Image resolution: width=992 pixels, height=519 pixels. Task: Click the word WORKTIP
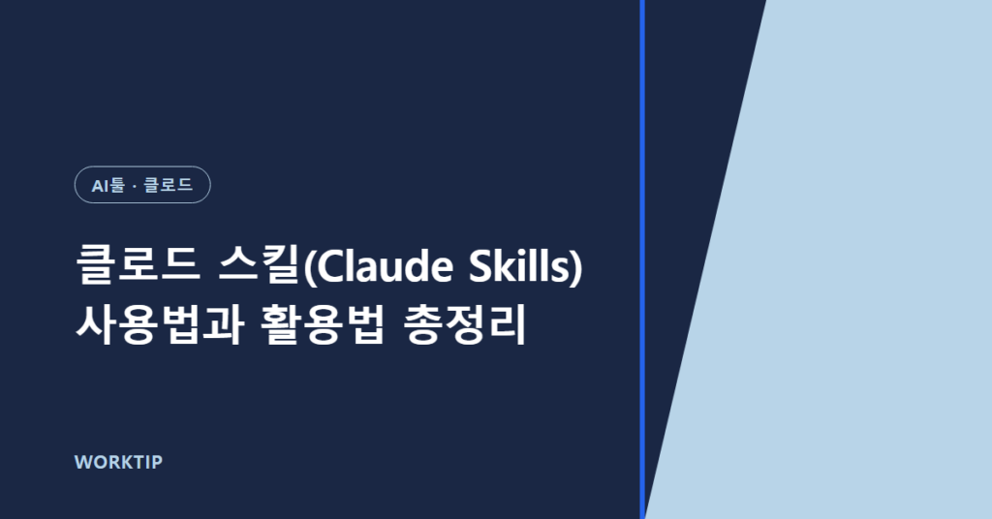point(118,462)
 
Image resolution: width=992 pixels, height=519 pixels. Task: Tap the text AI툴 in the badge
point(108,185)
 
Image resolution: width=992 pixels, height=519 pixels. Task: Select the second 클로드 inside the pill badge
point(169,185)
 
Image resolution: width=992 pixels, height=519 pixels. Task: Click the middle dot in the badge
point(135,186)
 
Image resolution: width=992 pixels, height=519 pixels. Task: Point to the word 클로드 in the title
point(139,265)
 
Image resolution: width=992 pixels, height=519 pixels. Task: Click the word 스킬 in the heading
point(260,265)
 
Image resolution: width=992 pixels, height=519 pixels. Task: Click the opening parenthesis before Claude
point(308,268)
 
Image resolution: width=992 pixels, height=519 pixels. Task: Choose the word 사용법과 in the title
point(160,325)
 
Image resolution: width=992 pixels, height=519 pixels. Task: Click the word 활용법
point(322,325)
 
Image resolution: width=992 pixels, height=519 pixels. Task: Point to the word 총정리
point(465,325)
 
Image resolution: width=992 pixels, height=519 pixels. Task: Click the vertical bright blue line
point(642,259)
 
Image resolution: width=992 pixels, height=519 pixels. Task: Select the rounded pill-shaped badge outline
point(142,167)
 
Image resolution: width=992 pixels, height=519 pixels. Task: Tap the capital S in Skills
point(480,267)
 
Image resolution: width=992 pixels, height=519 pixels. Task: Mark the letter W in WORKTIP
point(83,462)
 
